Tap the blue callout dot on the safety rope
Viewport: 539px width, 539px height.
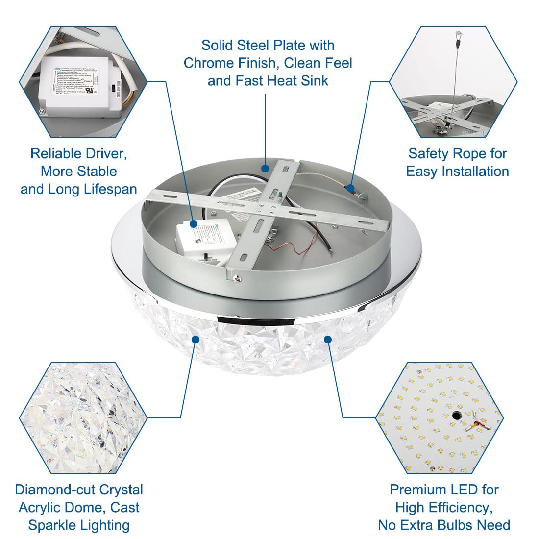click(x=350, y=187)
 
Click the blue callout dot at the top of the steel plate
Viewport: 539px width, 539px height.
click(x=265, y=169)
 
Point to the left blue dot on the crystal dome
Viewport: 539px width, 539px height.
click(x=196, y=339)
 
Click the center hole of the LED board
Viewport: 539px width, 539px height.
click(x=457, y=416)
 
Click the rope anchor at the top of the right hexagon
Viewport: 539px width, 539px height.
click(x=459, y=35)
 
